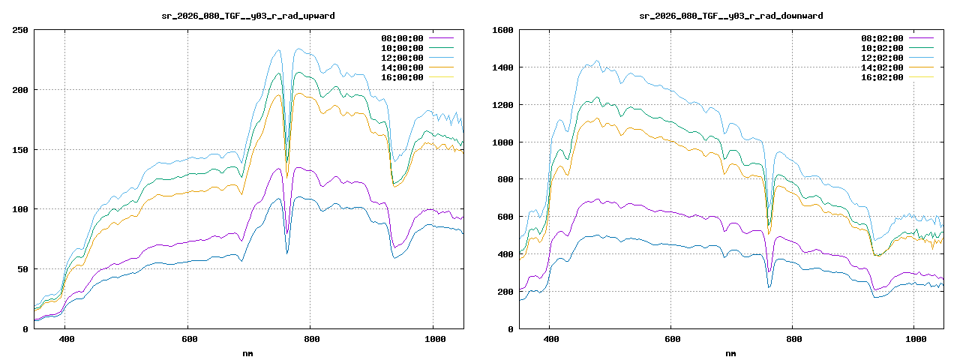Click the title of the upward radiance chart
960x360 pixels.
[x=248, y=16]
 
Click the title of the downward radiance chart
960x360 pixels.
[x=731, y=16]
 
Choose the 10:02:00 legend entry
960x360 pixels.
[x=882, y=48]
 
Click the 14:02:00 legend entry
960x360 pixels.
[x=882, y=67]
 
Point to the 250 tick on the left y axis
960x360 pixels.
[x=20, y=30]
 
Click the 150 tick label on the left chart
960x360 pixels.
[x=20, y=150]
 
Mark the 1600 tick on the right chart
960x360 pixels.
[x=502, y=30]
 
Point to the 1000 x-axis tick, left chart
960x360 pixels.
[x=433, y=340]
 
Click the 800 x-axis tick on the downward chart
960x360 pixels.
[x=793, y=340]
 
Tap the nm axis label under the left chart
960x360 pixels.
[x=248, y=352]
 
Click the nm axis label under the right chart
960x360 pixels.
[x=731, y=352]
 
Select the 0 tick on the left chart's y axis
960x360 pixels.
[x=26, y=329]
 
